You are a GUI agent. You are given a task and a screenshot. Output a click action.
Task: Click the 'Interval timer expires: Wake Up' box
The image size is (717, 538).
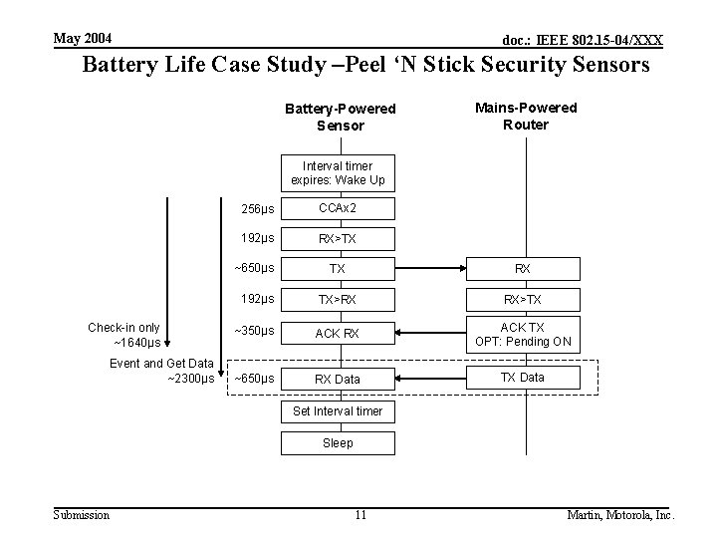tap(338, 172)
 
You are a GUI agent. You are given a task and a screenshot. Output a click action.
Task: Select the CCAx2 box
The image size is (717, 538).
tap(338, 208)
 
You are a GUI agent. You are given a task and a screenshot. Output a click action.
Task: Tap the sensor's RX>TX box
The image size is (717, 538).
tap(338, 239)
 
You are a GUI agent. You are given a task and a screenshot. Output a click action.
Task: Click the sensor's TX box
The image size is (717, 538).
tap(338, 269)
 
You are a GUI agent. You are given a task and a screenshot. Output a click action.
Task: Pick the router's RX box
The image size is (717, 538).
tap(523, 269)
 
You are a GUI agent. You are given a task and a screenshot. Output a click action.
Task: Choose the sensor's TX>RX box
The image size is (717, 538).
tap(338, 300)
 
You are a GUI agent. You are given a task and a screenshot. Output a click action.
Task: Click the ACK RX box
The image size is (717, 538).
tap(338, 333)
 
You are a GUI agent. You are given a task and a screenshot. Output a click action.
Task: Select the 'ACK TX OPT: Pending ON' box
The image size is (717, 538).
tap(523, 334)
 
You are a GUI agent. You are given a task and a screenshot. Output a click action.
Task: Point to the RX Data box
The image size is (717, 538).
tap(338, 379)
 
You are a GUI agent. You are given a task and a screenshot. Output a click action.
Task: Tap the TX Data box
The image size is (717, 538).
tap(523, 377)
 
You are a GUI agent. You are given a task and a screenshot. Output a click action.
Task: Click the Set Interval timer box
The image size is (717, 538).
tap(338, 411)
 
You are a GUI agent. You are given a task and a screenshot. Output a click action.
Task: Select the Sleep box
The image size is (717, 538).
tap(338, 442)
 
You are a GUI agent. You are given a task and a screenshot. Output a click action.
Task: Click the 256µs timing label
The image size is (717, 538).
tap(258, 209)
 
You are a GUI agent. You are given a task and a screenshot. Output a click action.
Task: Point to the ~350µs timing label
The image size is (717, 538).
tap(254, 331)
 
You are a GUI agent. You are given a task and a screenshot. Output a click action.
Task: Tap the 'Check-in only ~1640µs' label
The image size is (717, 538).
tap(124, 335)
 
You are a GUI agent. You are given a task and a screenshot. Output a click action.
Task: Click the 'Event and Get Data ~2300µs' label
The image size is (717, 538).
tap(161, 371)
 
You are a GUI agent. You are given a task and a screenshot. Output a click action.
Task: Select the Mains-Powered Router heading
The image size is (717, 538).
tap(526, 116)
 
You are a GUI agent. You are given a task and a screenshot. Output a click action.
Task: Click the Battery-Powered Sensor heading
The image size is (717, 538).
tap(341, 117)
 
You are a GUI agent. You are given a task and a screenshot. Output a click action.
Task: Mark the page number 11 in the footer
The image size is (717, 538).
tap(360, 515)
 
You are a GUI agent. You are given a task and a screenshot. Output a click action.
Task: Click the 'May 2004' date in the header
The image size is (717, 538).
tap(83, 39)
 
